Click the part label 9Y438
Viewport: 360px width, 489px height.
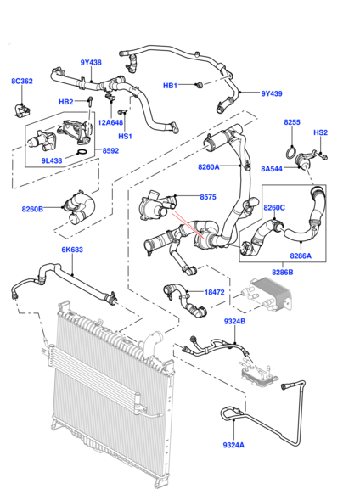(x=92, y=62)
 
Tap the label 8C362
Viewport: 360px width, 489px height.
(x=22, y=81)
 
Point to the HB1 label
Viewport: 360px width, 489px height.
(x=170, y=85)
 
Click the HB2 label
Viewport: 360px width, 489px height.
(x=65, y=102)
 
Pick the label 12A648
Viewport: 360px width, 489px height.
(x=110, y=121)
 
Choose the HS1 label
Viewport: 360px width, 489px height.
(x=125, y=136)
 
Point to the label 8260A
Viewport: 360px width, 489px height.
(x=209, y=166)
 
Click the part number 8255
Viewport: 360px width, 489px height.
(x=292, y=122)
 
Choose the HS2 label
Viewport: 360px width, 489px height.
(x=321, y=132)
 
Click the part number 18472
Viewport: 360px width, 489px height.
(x=215, y=291)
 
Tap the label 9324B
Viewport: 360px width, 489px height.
(x=235, y=322)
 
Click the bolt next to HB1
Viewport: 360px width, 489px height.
(x=196, y=84)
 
